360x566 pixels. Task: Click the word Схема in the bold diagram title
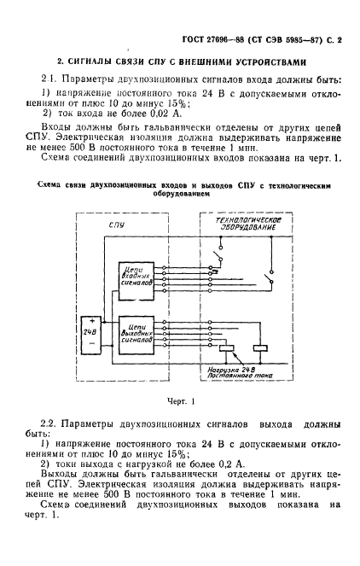(x=54, y=184)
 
